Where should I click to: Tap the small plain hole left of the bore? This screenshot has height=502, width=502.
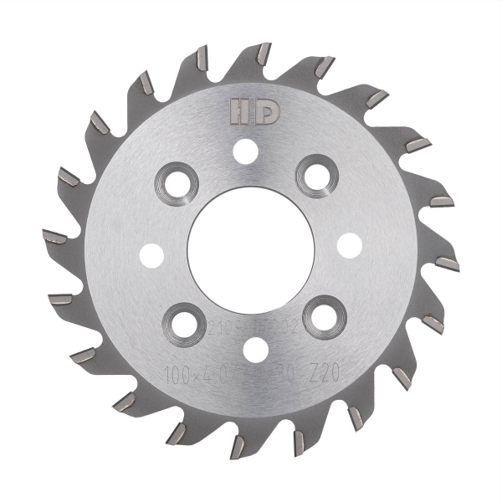coord(152,253)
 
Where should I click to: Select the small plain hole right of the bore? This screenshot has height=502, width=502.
coord(349,243)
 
